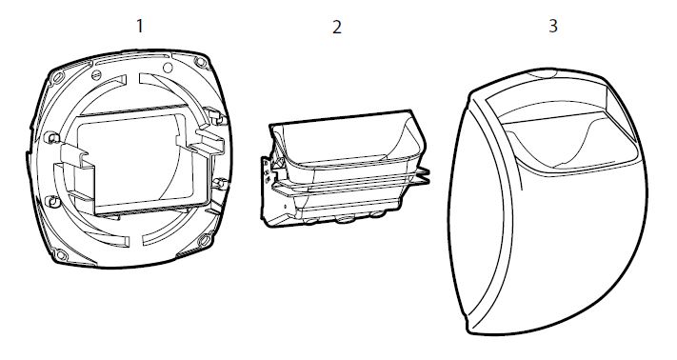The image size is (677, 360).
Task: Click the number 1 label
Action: [x=139, y=26]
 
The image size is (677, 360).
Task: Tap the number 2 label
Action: [x=337, y=28]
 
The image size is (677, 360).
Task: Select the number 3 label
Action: [x=553, y=26]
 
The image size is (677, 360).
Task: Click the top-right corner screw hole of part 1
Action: [x=201, y=62]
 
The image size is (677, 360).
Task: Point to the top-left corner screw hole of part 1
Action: [x=57, y=77]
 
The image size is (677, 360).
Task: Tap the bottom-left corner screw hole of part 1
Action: [x=60, y=254]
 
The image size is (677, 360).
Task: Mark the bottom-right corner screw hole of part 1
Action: [x=204, y=240]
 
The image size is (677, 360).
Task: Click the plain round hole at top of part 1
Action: [x=168, y=68]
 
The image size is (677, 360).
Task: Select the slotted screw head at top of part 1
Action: [x=97, y=74]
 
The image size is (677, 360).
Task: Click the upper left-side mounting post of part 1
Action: [x=51, y=138]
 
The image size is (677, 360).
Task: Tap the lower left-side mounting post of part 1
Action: [x=52, y=202]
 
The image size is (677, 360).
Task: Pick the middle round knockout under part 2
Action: [x=345, y=220]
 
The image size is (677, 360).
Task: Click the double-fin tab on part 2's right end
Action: [x=421, y=175]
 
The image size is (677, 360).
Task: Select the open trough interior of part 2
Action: [x=346, y=143]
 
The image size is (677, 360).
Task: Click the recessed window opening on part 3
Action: [x=565, y=130]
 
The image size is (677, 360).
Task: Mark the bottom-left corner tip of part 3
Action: [x=468, y=330]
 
